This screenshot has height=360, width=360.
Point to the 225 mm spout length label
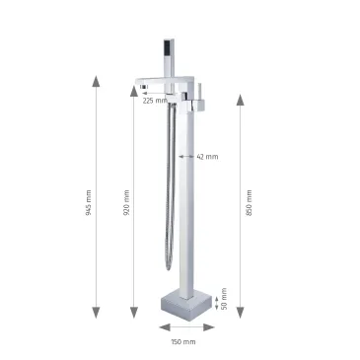pyautogui.click(x=154, y=101)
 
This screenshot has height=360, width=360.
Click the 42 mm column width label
pyautogui.click(x=207, y=156)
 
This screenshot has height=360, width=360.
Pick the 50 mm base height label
pyautogui.click(x=224, y=297)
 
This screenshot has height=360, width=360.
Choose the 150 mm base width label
pyautogui.click(x=183, y=341)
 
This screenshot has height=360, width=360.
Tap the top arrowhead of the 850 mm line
pyautogui.click(x=240, y=99)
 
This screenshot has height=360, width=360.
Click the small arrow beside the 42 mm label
pyautogui.click(x=185, y=156)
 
